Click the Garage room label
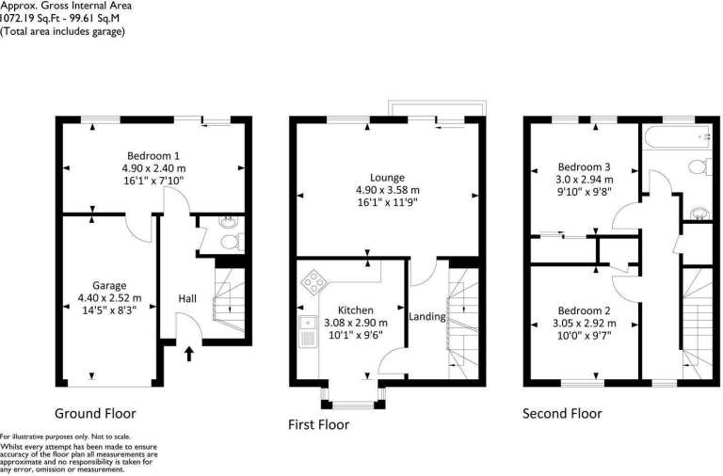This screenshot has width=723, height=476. [x=109, y=286]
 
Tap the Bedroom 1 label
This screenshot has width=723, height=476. [x=153, y=156]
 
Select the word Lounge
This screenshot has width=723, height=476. [x=387, y=178]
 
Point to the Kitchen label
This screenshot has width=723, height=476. [x=356, y=310]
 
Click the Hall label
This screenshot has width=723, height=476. [x=187, y=298]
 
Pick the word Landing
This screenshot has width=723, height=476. [x=427, y=317]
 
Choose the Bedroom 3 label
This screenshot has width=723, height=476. [x=585, y=167]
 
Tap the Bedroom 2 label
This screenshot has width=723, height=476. [x=585, y=310]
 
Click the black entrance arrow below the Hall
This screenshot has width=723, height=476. [x=189, y=354]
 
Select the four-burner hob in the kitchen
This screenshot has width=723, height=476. [x=314, y=281]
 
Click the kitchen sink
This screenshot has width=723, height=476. [x=307, y=331]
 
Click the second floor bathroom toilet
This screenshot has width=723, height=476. [x=700, y=167]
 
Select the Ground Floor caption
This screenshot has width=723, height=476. [x=95, y=413]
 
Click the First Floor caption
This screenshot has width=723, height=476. [x=318, y=424]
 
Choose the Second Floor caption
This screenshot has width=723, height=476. [x=562, y=413]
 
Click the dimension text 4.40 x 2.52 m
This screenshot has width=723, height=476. [x=110, y=298]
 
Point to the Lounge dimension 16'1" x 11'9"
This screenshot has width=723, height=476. [x=387, y=202]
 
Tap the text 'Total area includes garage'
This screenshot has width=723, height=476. [x=62, y=31]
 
